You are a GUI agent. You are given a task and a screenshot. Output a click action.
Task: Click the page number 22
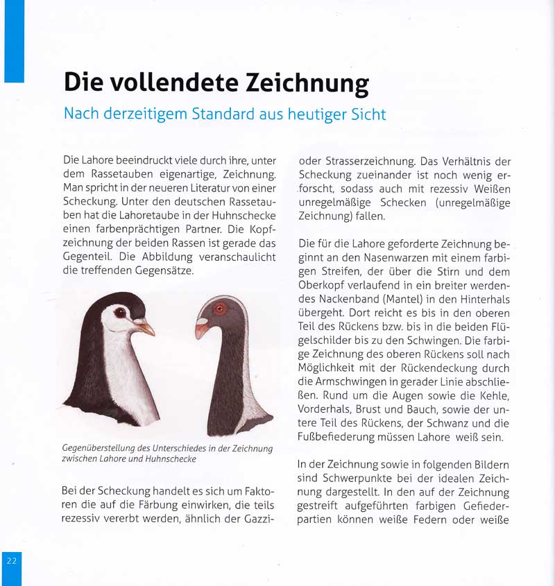coord(12,560)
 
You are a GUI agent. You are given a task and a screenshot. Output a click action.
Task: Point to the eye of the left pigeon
coord(119,313)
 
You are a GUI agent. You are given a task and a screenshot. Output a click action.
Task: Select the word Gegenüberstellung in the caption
coord(104,448)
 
